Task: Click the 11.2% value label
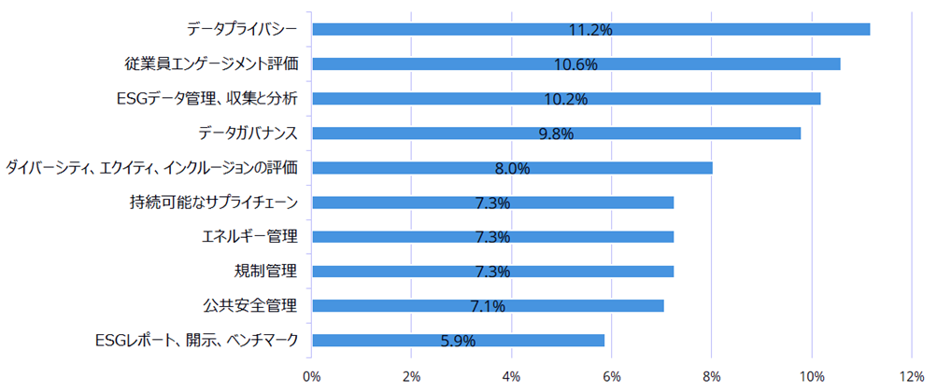590,30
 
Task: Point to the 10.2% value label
566,99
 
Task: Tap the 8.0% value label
512,168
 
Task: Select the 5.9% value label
458,341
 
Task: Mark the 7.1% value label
487,306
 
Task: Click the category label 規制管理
265,272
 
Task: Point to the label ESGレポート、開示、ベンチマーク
196,341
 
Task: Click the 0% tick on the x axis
312,375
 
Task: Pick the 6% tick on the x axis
612,375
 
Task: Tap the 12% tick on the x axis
912,375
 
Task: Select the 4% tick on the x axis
512,375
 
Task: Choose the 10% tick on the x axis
811,375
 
